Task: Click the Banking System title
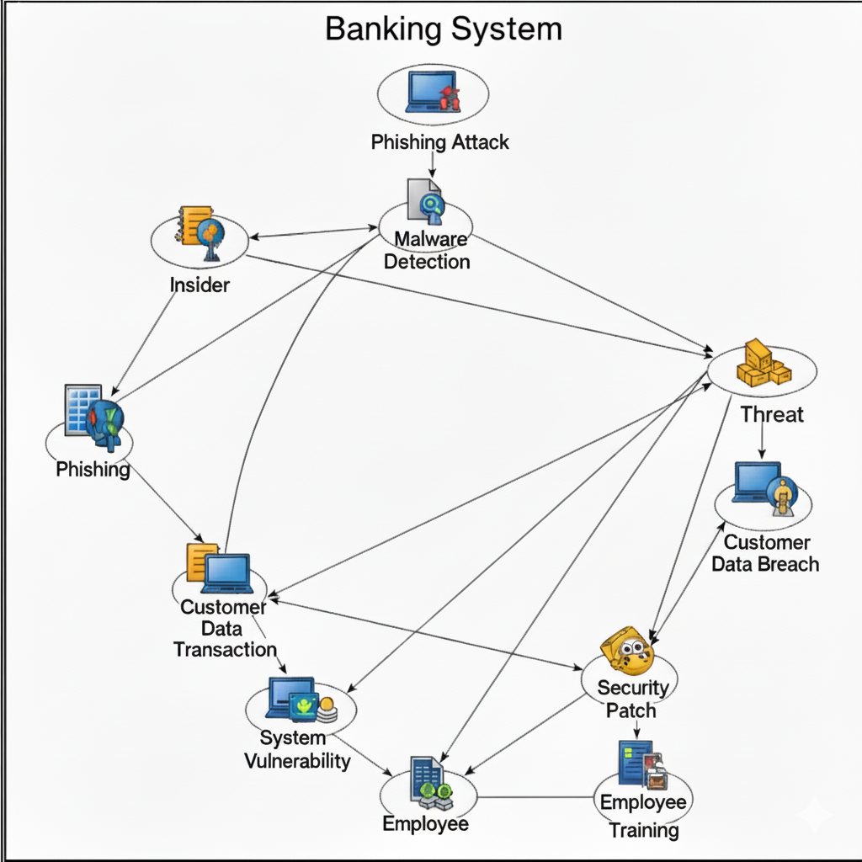coord(443,29)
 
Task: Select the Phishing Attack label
coord(439,141)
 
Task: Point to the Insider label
coord(200,285)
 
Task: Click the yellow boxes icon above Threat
coord(762,364)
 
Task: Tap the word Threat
coord(772,414)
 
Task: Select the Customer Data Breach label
coord(765,553)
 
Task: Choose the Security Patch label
coord(632,699)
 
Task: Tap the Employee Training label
coord(644,816)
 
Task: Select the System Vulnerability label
coord(296,750)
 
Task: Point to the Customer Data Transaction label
coord(224,628)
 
